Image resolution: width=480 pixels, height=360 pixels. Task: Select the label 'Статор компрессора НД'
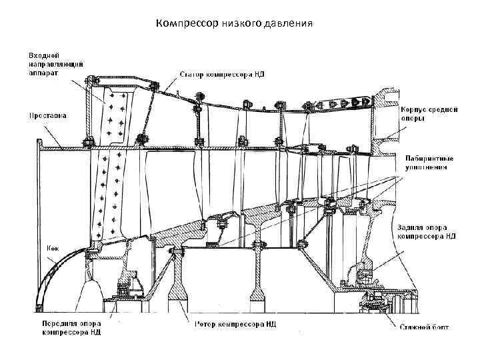tap(222, 74)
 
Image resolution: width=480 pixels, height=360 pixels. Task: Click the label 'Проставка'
tap(47, 115)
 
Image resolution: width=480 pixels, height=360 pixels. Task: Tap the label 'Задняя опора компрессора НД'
tap(427, 231)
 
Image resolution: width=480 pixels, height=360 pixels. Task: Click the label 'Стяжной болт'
tap(424, 327)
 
